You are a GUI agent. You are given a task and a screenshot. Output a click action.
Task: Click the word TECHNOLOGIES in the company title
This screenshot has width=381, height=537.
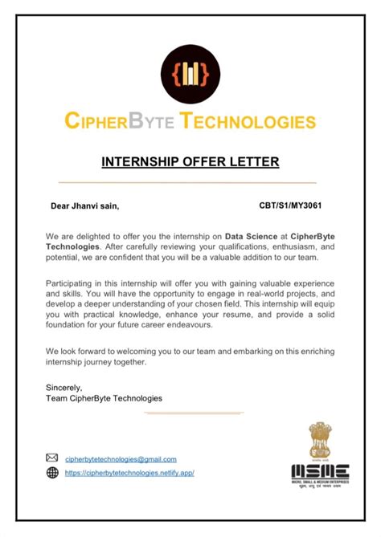248,122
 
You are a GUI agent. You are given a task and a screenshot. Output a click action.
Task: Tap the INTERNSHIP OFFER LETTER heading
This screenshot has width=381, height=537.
190,162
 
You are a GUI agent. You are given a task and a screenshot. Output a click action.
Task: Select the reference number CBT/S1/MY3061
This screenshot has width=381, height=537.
292,206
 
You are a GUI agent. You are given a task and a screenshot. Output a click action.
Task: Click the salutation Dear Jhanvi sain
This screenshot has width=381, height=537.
85,206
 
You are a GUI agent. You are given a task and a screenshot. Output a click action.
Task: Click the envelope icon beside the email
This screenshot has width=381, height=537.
52,458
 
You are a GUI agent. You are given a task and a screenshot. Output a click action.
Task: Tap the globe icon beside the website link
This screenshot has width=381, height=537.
52,473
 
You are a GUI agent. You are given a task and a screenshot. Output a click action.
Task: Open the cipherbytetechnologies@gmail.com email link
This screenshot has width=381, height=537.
121,459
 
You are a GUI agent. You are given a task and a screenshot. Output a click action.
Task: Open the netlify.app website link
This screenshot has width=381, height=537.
129,473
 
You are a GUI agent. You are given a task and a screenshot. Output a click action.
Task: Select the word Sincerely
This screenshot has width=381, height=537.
64,386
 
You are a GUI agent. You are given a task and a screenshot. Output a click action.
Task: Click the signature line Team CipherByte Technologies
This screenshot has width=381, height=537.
104,397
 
